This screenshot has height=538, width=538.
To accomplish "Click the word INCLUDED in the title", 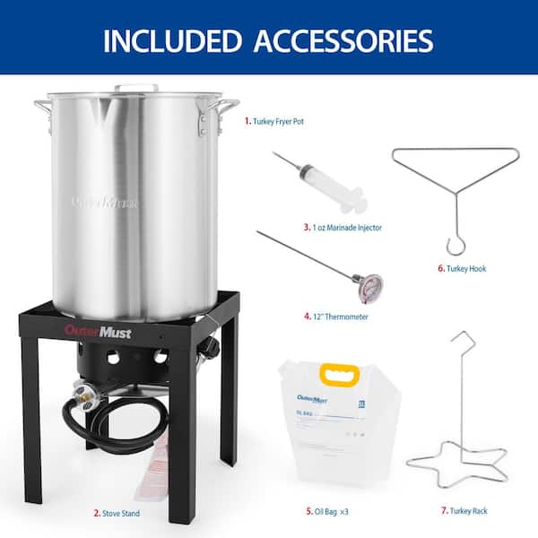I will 169,39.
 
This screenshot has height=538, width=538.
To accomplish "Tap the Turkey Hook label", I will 463,268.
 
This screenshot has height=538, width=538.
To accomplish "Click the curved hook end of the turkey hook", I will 455,245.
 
